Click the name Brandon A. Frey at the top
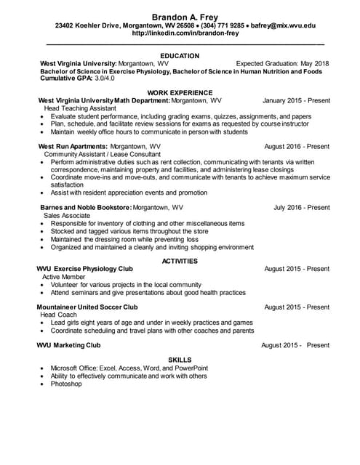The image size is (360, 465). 180,16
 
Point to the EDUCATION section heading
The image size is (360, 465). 180,55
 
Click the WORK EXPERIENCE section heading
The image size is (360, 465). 180,93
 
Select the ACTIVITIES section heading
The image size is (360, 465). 180,260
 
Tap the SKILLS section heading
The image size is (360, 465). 180,360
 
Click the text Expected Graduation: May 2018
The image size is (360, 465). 282,63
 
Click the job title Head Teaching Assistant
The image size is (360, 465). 79,108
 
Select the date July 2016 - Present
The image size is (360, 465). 301,207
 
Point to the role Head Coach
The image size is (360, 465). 58,315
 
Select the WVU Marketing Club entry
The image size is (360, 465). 70,345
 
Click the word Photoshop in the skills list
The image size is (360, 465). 68,384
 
